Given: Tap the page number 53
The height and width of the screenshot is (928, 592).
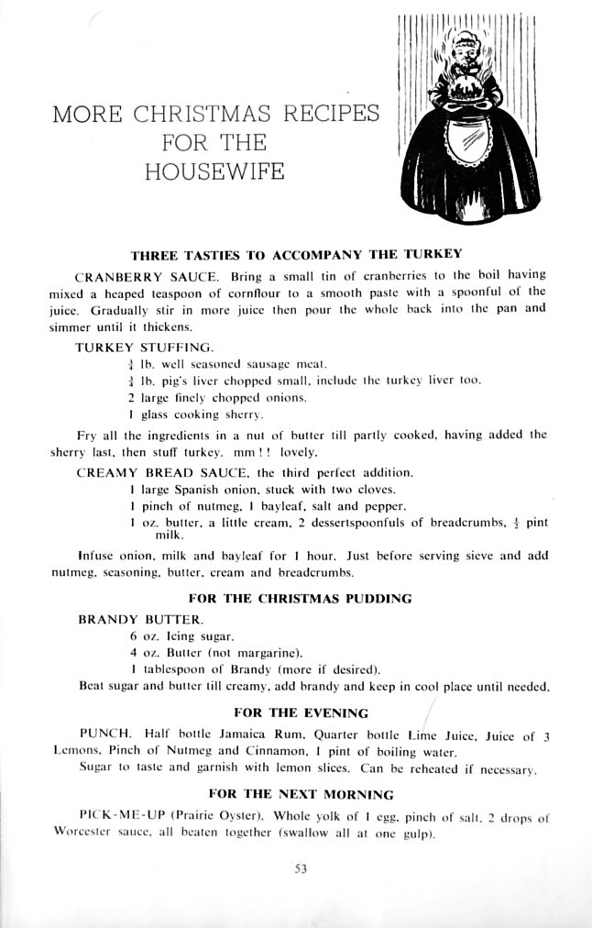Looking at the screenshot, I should pyautogui.click(x=300, y=870).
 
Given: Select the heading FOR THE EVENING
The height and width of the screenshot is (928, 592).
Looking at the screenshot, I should pyautogui.click(x=301, y=713).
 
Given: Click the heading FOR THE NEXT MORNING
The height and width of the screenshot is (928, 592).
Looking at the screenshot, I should pyautogui.click(x=301, y=794).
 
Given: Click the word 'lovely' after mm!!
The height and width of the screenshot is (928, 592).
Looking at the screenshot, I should pyautogui.click(x=301, y=452).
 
